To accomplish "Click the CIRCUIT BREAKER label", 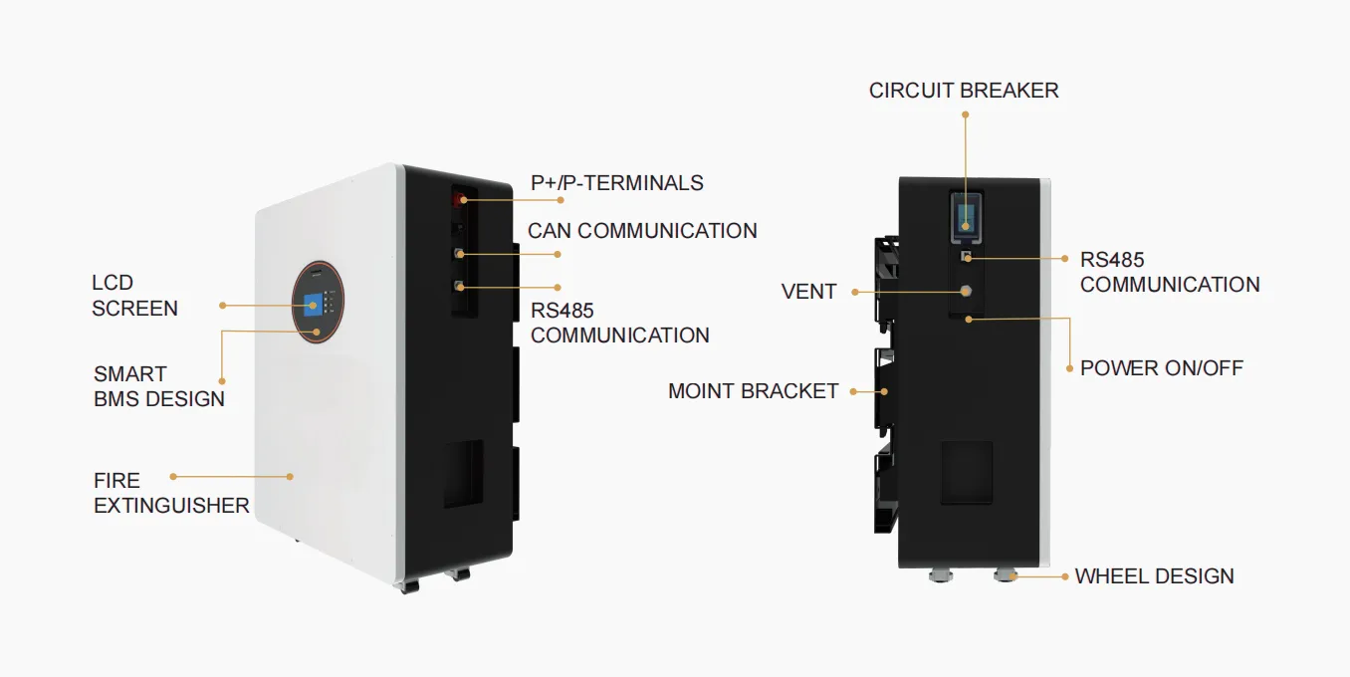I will coord(963,91).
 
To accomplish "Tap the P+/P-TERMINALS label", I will coord(616,183).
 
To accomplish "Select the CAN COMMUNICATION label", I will coord(642,231).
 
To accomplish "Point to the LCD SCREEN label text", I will coord(134,296).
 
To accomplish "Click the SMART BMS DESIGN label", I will coord(158,386).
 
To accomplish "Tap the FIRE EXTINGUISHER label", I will coord(171,493).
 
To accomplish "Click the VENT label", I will coord(808,292).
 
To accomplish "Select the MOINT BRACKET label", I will coord(753,391).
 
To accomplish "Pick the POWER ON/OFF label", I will coord(1161,368).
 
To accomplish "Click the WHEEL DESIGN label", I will coord(1154,576).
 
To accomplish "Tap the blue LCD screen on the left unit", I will coord(313,304).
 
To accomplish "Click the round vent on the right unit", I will coord(965,291).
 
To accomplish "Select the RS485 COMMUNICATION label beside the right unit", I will coord(1169,272).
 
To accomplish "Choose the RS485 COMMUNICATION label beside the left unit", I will coord(619,323).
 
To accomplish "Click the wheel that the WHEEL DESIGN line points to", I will coord(1005,574).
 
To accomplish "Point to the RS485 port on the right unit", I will coord(965,258).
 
